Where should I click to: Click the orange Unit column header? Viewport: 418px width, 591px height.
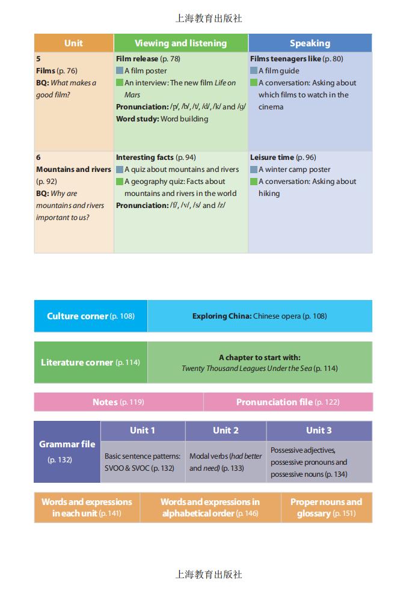73,43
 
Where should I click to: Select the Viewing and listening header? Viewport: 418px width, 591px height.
180,43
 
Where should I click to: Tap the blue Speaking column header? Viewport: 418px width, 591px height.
310,43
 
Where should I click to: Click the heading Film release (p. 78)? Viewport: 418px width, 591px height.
148,59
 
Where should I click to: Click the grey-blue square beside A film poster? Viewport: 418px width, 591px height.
120,71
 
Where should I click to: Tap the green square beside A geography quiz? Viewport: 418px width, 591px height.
120,182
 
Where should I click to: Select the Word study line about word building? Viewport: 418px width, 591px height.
162,119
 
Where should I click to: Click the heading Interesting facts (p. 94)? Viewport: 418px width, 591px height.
156,158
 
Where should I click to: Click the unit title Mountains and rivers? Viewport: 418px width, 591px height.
73,170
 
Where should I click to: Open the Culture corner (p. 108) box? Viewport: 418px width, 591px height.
91,316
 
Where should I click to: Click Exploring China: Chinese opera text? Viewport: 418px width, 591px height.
259,316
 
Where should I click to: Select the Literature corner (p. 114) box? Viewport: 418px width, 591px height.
90,363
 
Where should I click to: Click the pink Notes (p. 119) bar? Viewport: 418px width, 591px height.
118,402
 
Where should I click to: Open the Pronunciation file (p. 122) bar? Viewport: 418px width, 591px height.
287,402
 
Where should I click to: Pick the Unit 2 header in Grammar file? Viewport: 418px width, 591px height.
226,430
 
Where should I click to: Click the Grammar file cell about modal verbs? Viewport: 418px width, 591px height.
226,462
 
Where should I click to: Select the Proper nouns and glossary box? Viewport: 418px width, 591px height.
326,507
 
